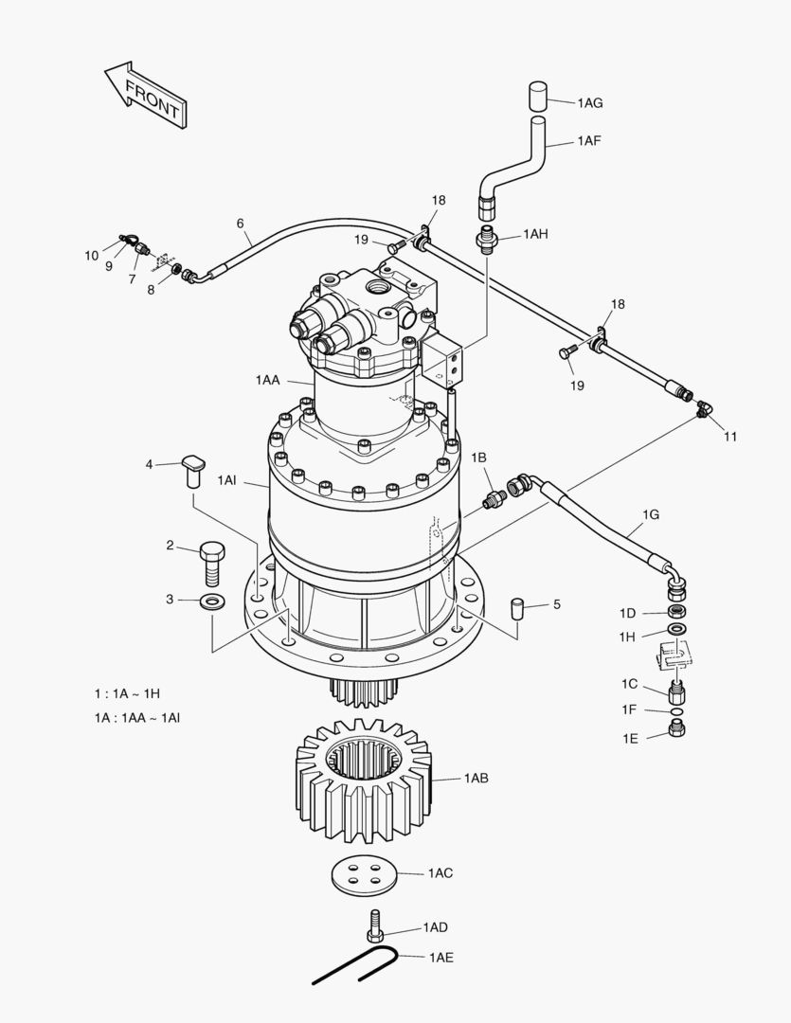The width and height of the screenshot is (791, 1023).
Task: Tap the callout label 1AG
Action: [x=589, y=103]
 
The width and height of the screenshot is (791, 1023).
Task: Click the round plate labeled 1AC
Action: [x=364, y=874]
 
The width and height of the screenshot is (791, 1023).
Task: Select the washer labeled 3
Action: [x=212, y=601]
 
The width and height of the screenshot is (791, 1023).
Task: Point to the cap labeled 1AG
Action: [x=539, y=98]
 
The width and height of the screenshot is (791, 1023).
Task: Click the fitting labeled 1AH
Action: [x=489, y=238]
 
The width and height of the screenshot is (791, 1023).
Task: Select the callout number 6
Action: [x=241, y=224]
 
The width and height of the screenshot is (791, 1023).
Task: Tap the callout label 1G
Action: [x=651, y=514]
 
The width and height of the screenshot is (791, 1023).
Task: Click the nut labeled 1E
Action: [x=677, y=728]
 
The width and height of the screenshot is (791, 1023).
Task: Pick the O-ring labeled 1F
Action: [x=676, y=710]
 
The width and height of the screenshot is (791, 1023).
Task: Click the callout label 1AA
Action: [x=267, y=380]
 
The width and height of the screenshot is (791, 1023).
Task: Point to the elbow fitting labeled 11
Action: [x=702, y=409]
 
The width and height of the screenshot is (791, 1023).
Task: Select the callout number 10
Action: [x=92, y=255]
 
